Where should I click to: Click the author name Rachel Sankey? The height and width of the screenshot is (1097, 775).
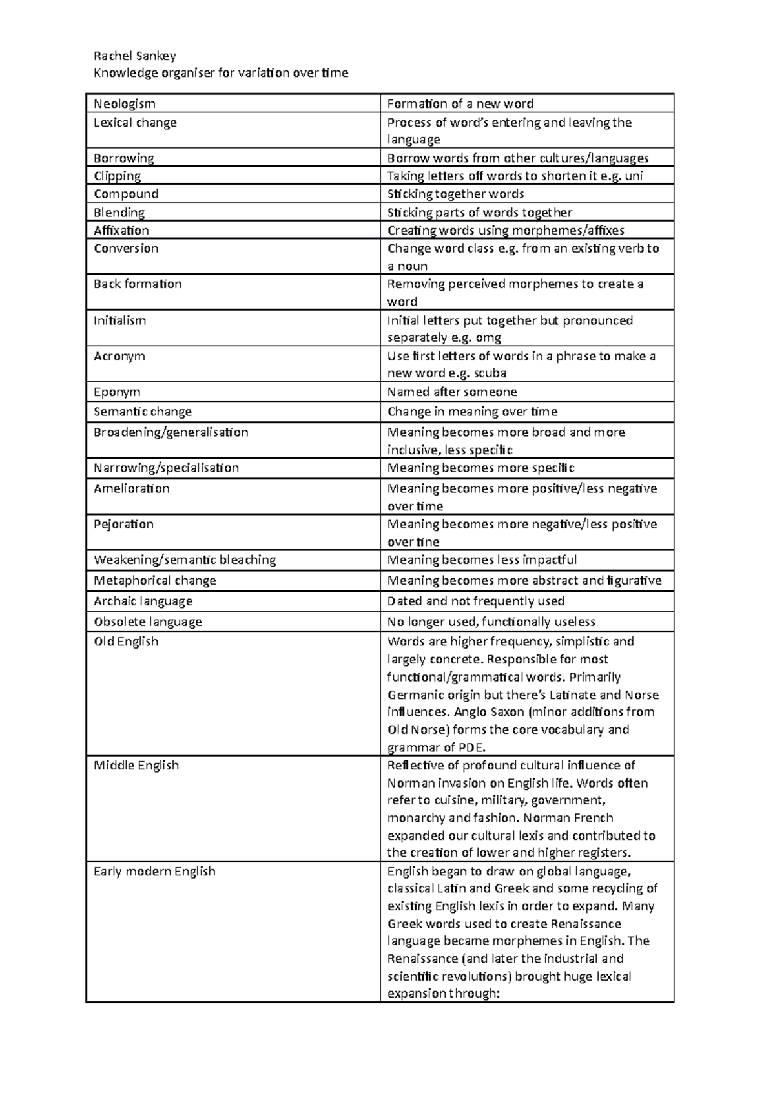[134, 56]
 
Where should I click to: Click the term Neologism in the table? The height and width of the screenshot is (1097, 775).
[125, 104]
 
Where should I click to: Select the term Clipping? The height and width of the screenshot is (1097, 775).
[117, 176]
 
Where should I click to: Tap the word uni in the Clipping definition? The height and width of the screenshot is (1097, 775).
[634, 176]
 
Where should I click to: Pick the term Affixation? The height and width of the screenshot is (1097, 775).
[121, 231]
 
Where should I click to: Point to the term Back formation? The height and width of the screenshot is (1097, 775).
[138, 284]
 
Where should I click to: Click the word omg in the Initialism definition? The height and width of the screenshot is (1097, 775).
[488, 338]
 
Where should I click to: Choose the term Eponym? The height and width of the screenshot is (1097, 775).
[117, 392]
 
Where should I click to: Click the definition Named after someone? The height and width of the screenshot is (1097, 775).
[451, 392]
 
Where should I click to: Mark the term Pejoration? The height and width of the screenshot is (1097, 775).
[123, 525]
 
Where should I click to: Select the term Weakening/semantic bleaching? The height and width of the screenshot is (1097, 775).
[185, 560]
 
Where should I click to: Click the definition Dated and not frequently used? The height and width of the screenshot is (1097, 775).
[475, 601]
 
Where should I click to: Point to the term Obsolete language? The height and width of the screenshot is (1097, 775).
[148, 622]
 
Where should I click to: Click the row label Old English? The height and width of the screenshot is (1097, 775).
[126, 642]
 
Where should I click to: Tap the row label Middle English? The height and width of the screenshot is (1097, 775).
[136, 766]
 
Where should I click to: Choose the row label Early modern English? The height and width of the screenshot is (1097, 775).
[154, 872]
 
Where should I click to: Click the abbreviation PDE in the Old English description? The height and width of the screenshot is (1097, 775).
[471, 748]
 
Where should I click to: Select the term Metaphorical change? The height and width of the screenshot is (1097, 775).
[155, 581]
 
